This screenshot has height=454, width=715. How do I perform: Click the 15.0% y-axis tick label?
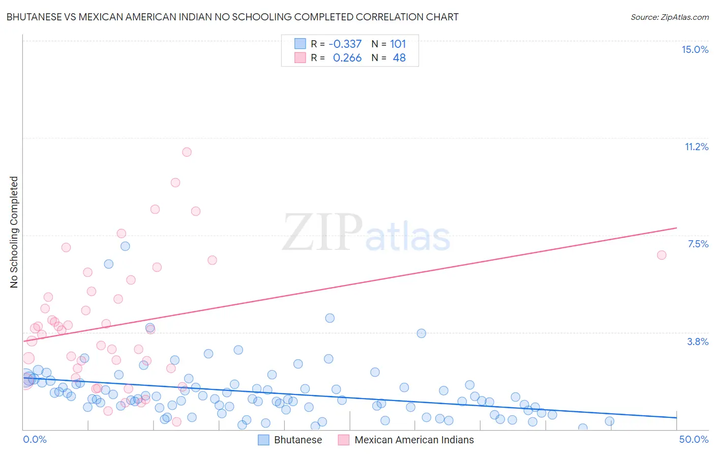695,49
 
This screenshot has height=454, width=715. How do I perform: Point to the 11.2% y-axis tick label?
696,147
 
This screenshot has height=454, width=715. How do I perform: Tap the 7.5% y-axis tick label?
698,244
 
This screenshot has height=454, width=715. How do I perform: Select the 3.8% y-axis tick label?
698,342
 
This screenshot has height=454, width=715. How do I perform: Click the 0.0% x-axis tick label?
35,439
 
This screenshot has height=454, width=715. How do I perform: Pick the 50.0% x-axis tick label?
694,439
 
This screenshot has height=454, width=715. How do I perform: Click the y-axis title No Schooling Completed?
14,232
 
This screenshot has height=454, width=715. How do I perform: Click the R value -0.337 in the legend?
345,44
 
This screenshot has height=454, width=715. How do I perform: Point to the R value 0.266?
347,58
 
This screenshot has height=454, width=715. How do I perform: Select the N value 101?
398,44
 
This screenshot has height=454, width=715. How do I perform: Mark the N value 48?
399,58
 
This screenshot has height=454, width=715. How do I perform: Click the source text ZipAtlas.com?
669,17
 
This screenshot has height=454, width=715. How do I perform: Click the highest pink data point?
187,152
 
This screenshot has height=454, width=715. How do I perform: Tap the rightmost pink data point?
662,255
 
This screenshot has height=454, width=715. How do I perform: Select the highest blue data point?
125,246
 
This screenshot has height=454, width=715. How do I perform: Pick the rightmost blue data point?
609,421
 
